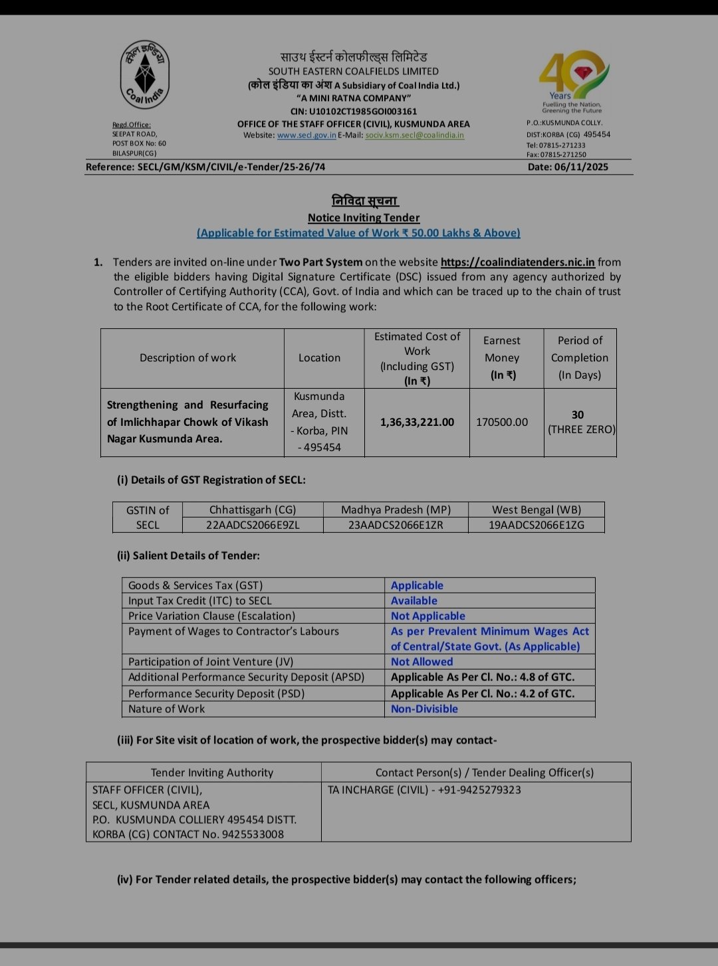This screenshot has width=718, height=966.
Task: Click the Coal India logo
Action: (144, 74)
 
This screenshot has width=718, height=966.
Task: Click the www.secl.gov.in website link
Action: (306, 136)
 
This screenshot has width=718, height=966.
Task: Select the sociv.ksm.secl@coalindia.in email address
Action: (415, 136)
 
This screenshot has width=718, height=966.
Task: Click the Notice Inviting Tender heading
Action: (364, 218)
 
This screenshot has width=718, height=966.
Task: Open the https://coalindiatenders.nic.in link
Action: (517, 262)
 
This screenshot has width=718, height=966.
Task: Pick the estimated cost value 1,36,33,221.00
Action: (417, 423)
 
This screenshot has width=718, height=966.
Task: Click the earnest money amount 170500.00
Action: (502, 423)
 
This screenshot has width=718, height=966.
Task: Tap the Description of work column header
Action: (187, 358)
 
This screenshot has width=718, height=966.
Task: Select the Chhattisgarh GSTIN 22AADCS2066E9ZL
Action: (253, 525)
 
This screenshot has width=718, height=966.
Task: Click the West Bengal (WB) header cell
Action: (537, 510)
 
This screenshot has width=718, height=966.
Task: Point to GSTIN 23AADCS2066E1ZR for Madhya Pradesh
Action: (396, 525)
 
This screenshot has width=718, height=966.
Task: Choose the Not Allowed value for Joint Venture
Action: (421, 662)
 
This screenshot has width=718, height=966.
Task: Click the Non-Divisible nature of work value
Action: (424, 710)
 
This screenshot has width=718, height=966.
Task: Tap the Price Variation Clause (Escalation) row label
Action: (211, 617)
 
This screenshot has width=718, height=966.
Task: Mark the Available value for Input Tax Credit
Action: (414, 601)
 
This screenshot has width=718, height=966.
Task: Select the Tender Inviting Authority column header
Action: (211, 773)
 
